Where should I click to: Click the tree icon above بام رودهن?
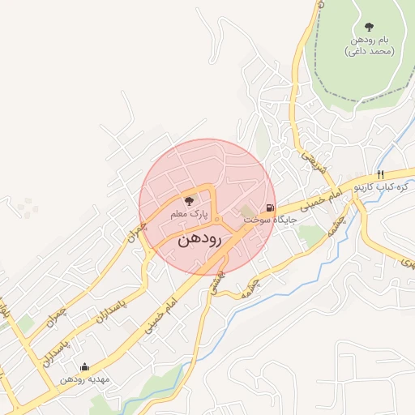[x=370, y=28]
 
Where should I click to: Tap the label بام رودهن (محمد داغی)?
[x=370, y=45]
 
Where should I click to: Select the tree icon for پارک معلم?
[x=189, y=201]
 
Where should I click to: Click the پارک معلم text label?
[x=189, y=214]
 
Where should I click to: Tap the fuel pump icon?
[x=270, y=207]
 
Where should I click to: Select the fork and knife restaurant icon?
[x=380, y=175]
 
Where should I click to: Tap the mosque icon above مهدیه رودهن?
[x=84, y=368]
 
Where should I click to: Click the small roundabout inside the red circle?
[x=217, y=219]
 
